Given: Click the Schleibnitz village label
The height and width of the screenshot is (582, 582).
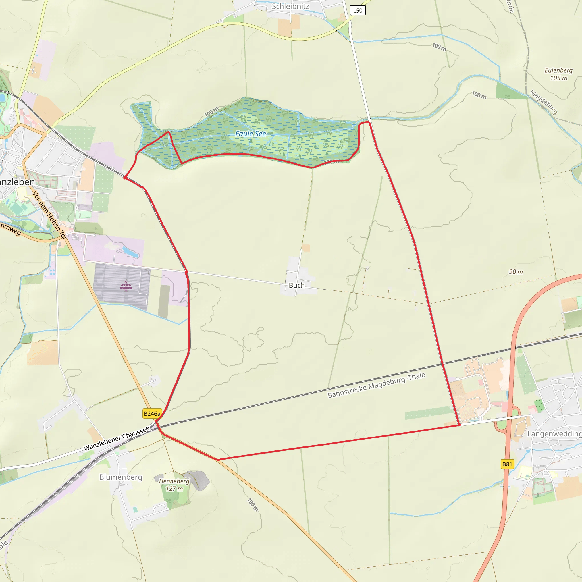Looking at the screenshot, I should tap(290, 6).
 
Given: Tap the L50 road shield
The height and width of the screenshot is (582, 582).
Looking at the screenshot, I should tap(357, 11).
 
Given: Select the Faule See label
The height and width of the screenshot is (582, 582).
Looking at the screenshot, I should tap(250, 134).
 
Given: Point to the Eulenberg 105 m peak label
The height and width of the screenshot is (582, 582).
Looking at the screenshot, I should tap(558, 74).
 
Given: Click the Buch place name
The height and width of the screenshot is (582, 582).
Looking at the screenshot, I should tap(296, 285).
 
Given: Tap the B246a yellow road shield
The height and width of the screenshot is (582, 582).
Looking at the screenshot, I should tap(152, 413).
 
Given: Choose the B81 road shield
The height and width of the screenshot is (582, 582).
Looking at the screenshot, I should tap(507, 464).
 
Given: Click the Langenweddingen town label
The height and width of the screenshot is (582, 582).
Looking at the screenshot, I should tap(554, 434).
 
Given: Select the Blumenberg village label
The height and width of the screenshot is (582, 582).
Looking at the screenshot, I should tap(120, 477).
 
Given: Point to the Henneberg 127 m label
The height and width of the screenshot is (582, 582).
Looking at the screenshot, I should tap(174, 485).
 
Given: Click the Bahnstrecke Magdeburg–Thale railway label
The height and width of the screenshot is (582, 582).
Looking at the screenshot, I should tap(376, 385).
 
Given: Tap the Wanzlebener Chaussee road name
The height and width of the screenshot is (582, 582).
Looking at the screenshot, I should tap(116, 438).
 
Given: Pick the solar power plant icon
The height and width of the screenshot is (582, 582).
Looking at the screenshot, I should tap(126, 286).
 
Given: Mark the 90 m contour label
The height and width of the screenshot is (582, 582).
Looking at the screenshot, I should tap(516, 272).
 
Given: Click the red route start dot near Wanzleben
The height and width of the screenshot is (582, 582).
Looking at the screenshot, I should tap(125, 178).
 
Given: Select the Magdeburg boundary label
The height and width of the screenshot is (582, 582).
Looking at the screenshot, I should tap(544, 102).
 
